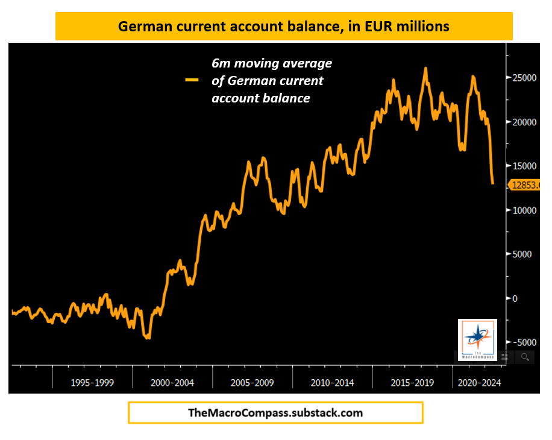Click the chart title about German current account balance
click(283, 27)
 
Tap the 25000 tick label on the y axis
click(523, 78)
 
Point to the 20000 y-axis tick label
click(523, 122)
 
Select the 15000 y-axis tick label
click(523, 166)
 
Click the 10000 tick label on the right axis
click(523, 210)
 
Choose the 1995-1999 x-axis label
click(92, 382)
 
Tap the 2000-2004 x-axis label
click(172, 382)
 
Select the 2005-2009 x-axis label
click(252, 382)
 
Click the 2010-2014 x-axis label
click(332, 382)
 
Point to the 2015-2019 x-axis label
click(412, 382)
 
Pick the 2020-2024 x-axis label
click(479, 382)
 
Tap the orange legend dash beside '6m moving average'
click(192, 80)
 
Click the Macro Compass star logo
click(477, 339)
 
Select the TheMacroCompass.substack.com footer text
click(276, 413)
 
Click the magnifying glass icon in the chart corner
click(525, 357)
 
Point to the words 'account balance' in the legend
click(260, 98)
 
